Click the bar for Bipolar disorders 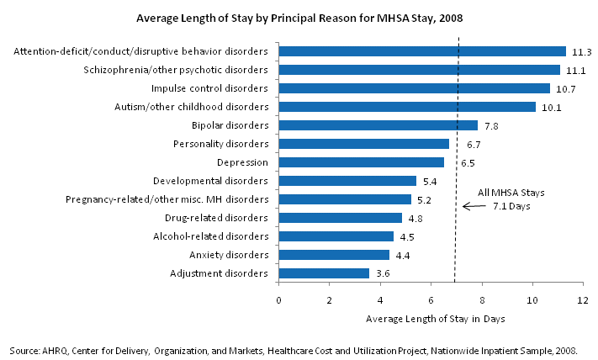(378, 125)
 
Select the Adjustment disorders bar (324, 273)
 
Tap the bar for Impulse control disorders (414, 88)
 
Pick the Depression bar (361, 162)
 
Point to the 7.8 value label (490, 125)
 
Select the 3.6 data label (382, 273)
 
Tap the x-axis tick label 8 (482, 299)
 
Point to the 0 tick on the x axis (278, 299)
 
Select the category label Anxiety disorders (229, 255)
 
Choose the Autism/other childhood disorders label (191, 107)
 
